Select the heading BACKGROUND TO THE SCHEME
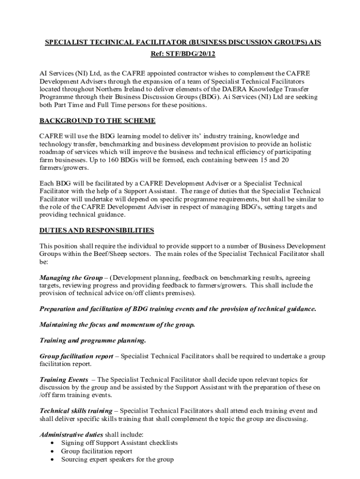tap(97, 121)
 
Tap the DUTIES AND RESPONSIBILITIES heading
tap(96, 230)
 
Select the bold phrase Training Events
tap(64, 379)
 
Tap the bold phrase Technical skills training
tap(76, 411)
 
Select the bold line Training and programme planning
tap(93, 340)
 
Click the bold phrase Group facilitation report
tap(76, 356)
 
